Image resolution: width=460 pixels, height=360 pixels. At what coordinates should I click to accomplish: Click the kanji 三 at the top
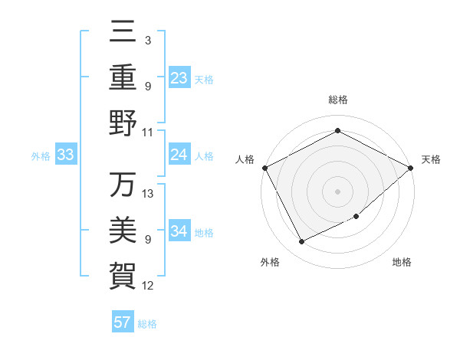[x=123, y=33]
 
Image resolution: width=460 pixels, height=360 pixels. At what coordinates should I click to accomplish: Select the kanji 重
[x=123, y=78]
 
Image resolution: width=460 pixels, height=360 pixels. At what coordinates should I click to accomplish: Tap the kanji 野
[x=123, y=123]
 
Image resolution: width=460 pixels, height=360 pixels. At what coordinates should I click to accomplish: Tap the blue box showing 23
[x=179, y=78]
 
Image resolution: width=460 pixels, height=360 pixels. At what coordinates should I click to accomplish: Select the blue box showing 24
[x=179, y=155]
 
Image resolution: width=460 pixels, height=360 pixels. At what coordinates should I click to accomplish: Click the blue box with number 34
[x=179, y=231]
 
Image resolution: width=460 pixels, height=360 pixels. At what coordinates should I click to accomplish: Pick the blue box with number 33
[x=66, y=155]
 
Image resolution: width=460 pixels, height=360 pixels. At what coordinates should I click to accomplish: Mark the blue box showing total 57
[x=123, y=322]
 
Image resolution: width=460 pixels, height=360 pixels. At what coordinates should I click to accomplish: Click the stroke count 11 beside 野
[x=148, y=133]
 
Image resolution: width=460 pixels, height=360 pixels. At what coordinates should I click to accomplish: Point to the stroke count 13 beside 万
[x=148, y=194]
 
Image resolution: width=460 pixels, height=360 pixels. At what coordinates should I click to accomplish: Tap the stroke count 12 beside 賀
[x=148, y=286]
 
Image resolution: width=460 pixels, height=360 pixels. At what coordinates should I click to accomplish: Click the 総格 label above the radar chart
[x=337, y=100]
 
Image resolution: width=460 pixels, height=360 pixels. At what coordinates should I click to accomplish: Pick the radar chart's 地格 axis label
[x=402, y=263]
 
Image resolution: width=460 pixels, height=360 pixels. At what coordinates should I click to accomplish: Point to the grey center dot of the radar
[x=337, y=191]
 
